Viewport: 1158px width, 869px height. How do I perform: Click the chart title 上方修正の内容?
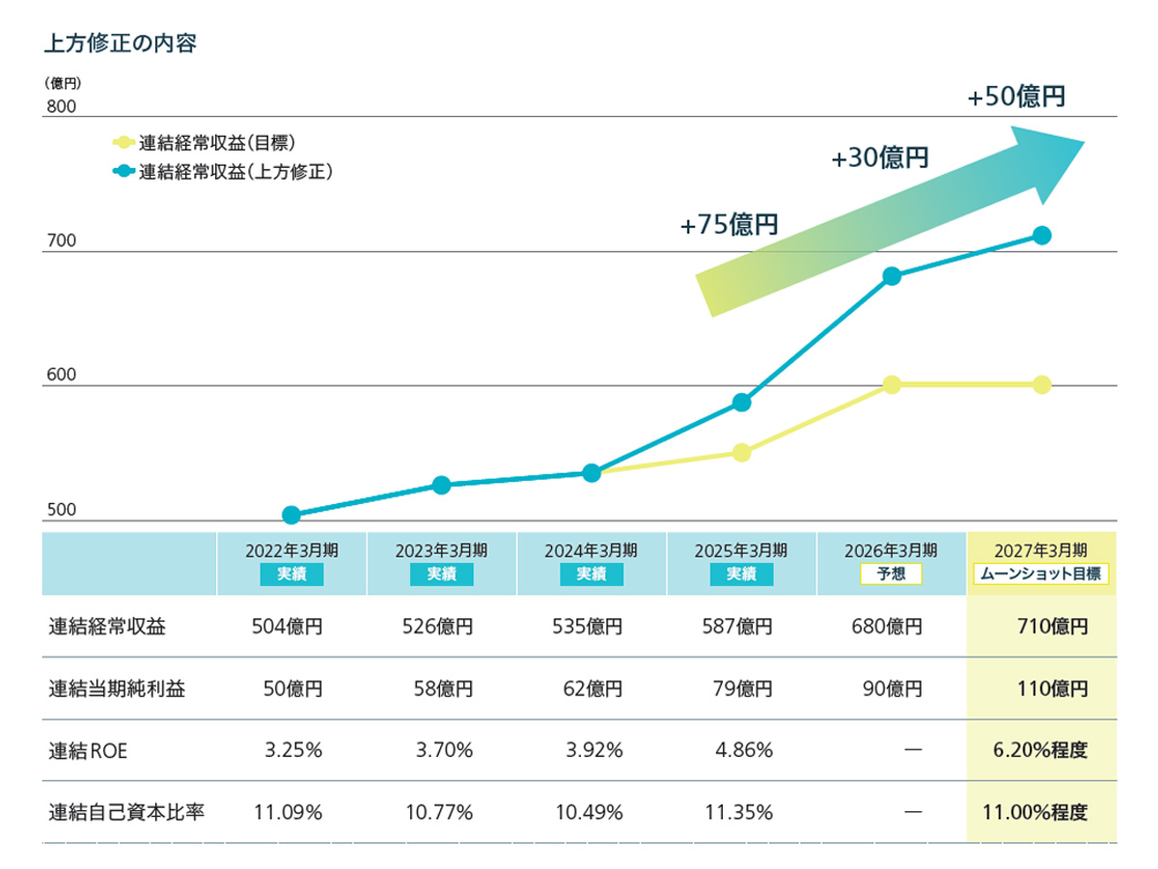tap(121, 44)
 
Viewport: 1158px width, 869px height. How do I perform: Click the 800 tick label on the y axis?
tap(61, 107)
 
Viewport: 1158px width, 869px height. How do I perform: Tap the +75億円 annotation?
tap(729, 225)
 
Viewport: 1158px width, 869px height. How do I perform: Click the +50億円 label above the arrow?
tap(1016, 98)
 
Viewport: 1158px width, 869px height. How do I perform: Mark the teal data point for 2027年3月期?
tap(1042, 236)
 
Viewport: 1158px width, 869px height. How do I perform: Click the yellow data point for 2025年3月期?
tap(741, 453)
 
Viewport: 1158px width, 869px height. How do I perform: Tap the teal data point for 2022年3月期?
tap(291, 516)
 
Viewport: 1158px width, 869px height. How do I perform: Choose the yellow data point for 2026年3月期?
tap(892, 385)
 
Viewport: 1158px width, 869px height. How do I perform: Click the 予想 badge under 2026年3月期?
tap(891, 575)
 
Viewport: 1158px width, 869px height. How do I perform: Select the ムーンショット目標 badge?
tap(1041, 575)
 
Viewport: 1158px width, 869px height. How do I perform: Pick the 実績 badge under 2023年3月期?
tap(441, 575)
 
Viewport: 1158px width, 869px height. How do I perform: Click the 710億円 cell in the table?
tap(1051, 627)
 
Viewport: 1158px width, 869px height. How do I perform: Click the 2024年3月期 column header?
tap(591, 550)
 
